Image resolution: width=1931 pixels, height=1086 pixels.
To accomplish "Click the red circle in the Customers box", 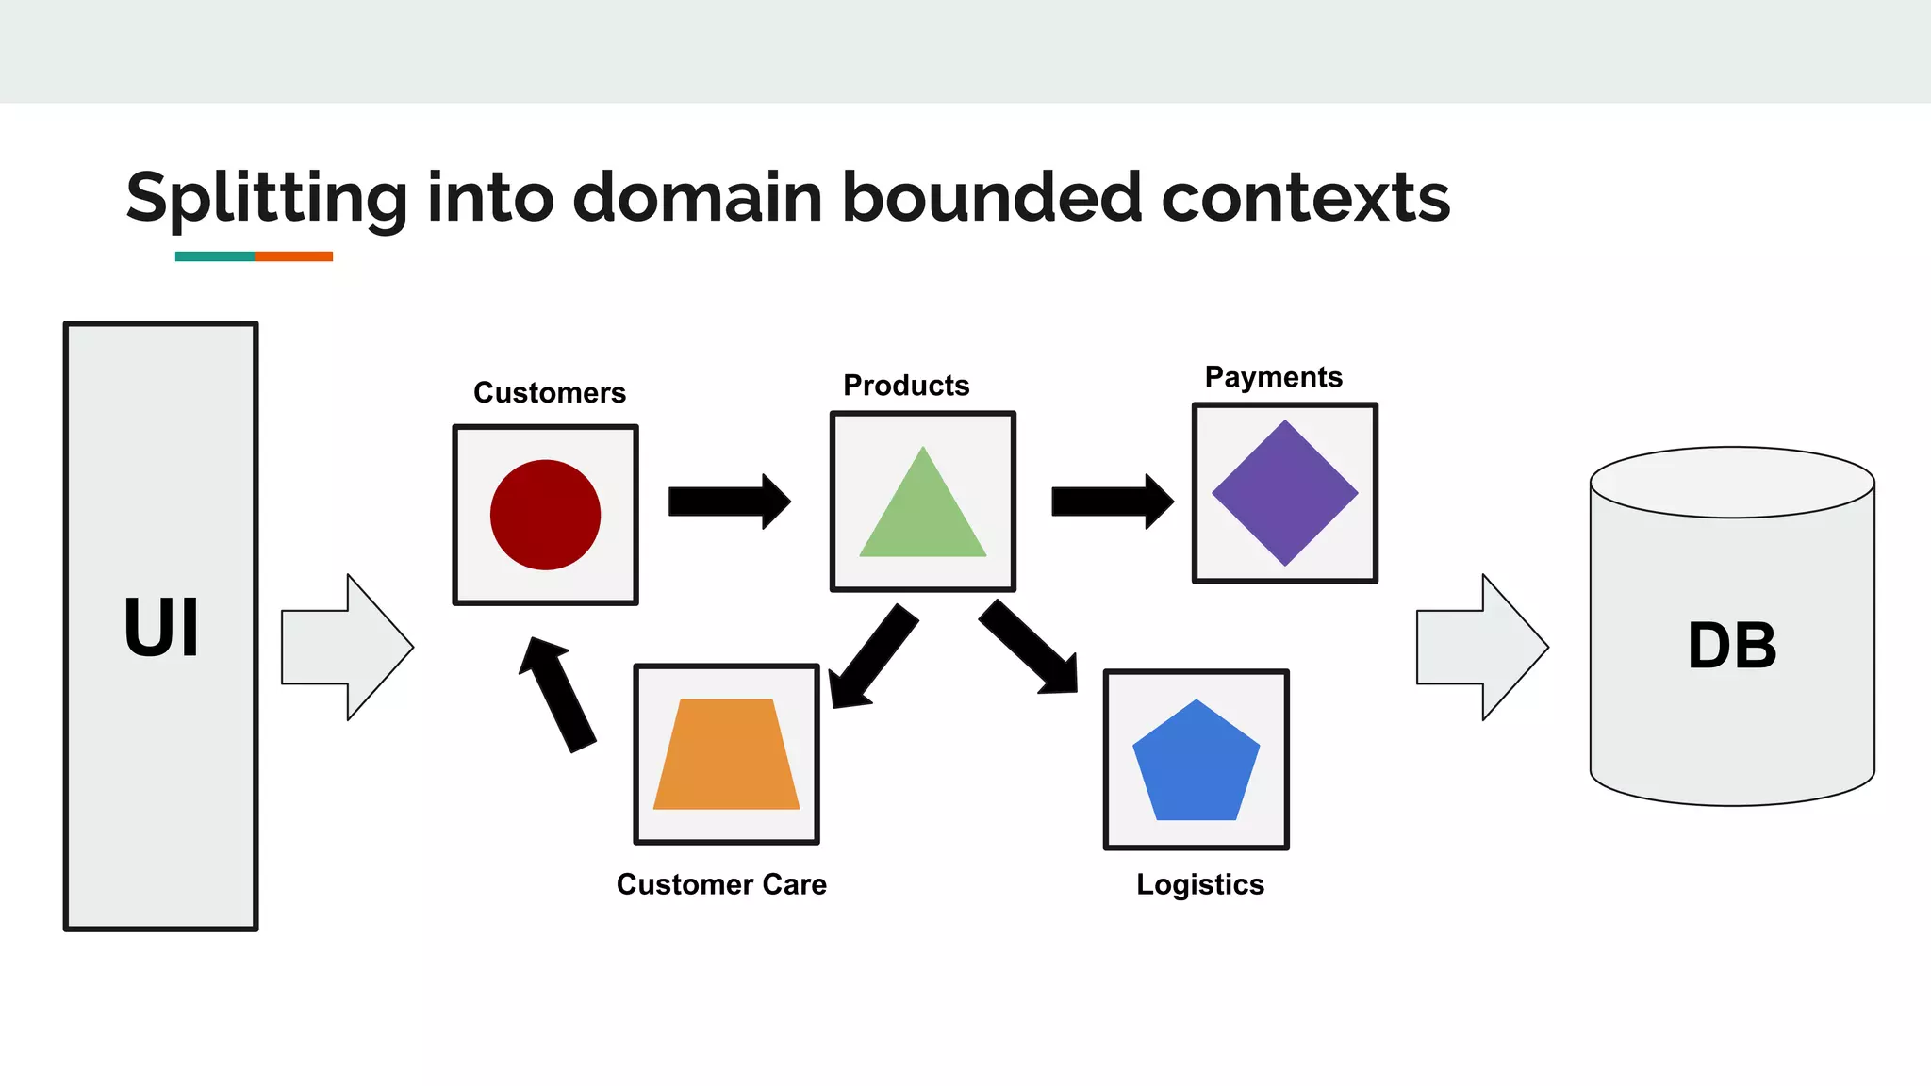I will pyautogui.click(x=545, y=515).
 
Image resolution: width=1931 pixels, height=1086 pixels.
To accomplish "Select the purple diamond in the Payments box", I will pyautogui.click(x=1284, y=492).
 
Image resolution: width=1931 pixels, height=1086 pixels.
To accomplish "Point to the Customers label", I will pyautogui.click(x=550, y=392).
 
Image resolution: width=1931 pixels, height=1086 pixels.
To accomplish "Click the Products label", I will pyautogui.click(x=906, y=385).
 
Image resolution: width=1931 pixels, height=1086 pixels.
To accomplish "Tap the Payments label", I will pyautogui.click(x=1273, y=377).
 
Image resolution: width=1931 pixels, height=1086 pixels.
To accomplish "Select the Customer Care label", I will pyautogui.click(x=721, y=884).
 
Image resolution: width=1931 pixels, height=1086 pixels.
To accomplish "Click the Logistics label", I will pyautogui.click(x=1199, y=884).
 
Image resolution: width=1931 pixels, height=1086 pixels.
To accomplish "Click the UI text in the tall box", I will pyautogui.click(x=161, y=628).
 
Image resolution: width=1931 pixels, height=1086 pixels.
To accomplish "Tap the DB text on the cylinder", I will pyautogui.click(x=1731, y=647).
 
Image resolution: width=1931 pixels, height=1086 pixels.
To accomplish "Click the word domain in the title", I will pyautogui.click(x=697, y=198).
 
